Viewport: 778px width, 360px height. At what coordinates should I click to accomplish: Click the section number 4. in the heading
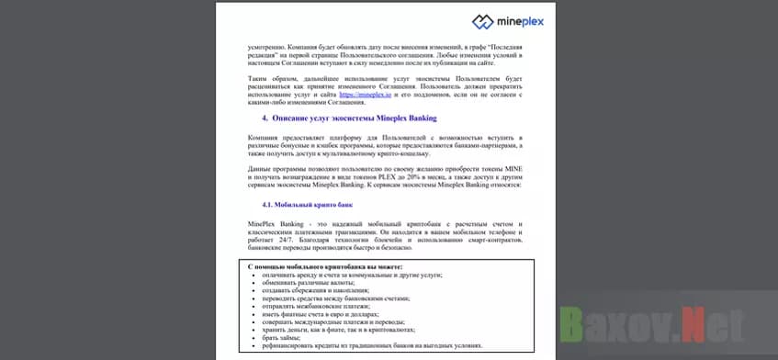[265, 118]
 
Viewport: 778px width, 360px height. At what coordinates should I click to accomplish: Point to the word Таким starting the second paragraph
[261, 79]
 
